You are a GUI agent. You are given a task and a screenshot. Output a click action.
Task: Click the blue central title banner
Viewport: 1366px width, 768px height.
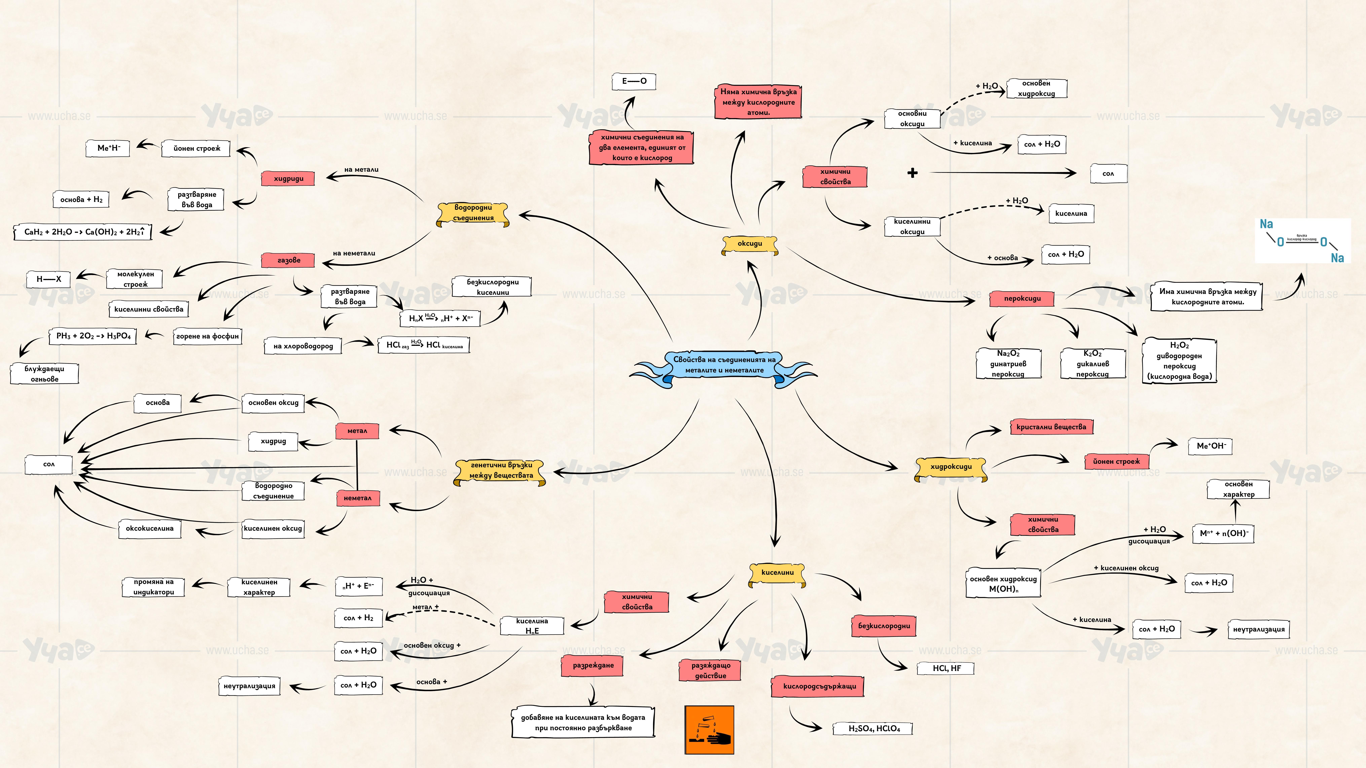pos(724,365)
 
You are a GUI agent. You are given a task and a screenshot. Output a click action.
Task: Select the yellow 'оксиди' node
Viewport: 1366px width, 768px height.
pos(749,244)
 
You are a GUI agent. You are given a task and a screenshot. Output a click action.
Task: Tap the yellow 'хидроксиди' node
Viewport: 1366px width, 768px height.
pos(951,467)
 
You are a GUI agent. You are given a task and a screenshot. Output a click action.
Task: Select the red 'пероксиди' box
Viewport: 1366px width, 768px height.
pos(1022,299)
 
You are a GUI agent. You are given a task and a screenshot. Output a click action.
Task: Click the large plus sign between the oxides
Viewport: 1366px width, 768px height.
pos(912,173)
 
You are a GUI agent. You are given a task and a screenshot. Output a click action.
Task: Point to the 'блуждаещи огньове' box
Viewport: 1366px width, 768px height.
pos(45,374)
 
